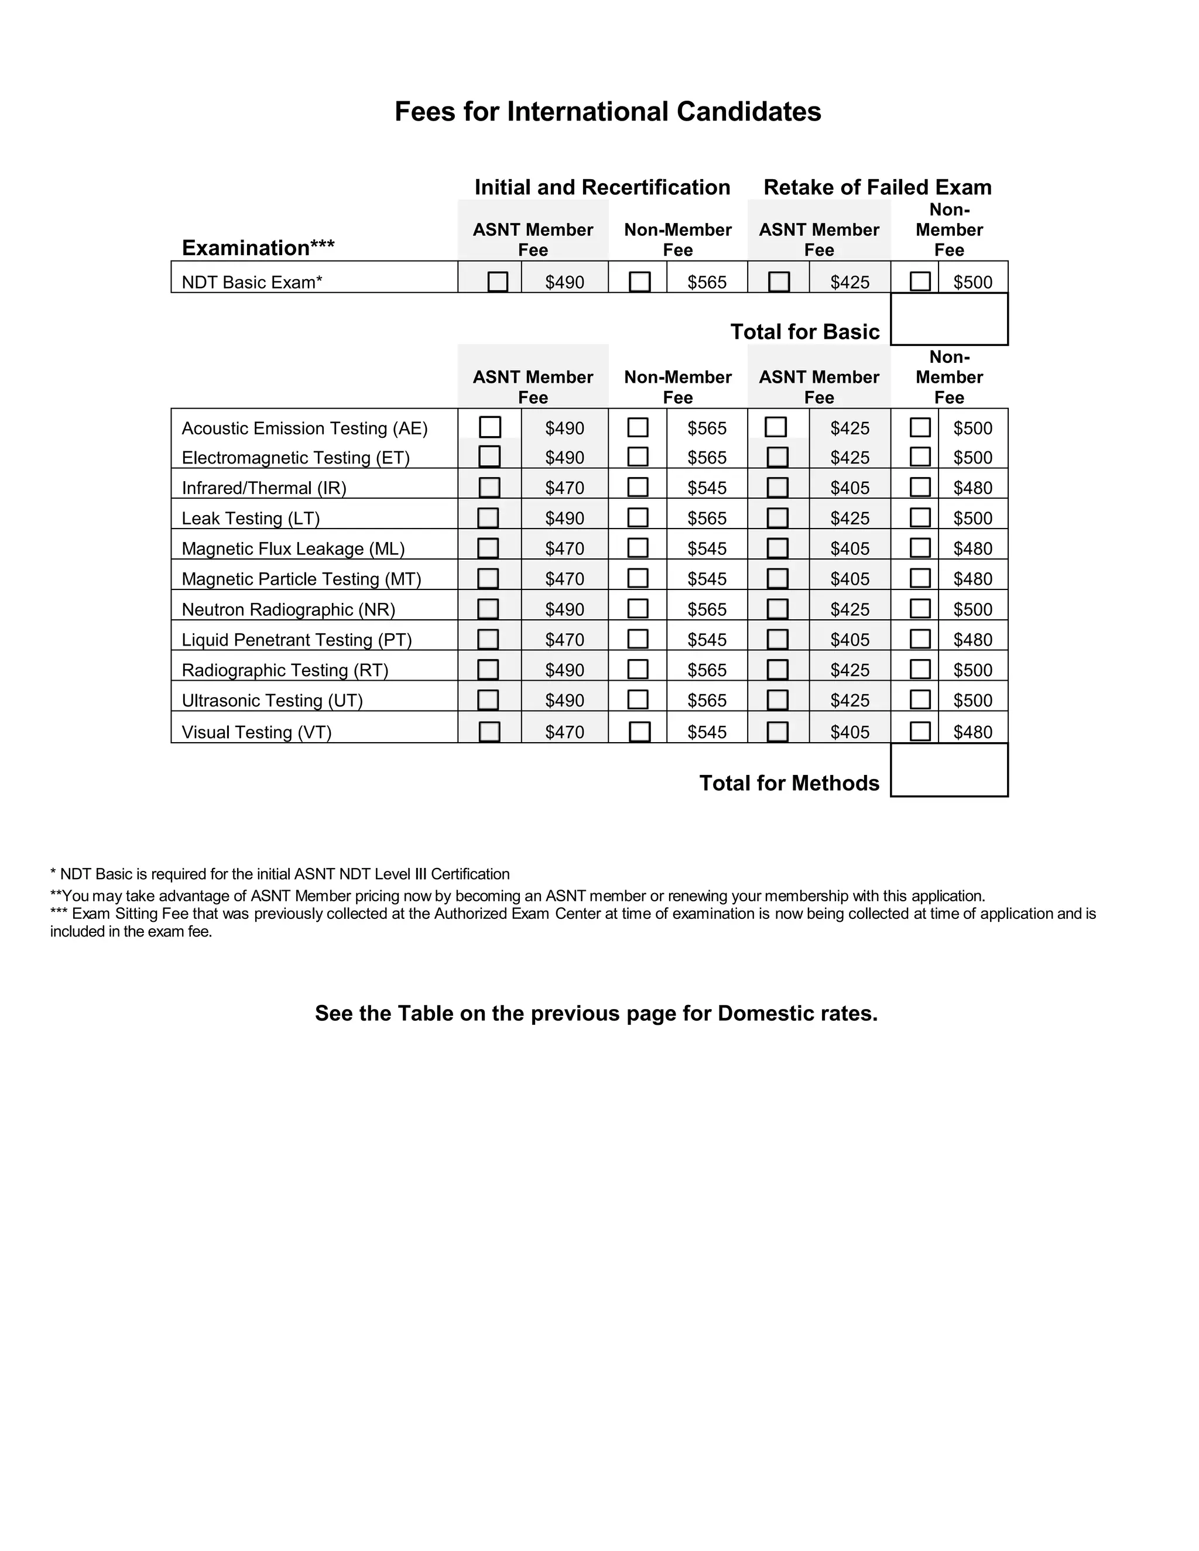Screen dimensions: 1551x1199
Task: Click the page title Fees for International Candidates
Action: coord(607,111)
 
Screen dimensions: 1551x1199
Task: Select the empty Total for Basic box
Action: coord(948,319)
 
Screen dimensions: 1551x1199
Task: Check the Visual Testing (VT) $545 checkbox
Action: coord(639,732)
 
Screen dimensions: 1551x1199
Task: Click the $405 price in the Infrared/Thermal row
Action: coord(849,488)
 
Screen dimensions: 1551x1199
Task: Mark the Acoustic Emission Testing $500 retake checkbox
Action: coord(920,427)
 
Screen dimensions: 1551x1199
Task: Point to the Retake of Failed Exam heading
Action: coord(877,187)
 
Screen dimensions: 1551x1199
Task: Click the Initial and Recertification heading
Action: coord(602,187)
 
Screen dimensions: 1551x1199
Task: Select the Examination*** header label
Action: coord(258,248)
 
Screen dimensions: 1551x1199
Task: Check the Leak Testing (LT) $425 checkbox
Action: coord(778,518)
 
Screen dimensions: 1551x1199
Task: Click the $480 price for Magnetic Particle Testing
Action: coord(972,579)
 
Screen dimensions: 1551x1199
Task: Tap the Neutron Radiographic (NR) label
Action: coord(289,609)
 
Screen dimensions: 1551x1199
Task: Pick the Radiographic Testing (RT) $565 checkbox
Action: coord(638,670)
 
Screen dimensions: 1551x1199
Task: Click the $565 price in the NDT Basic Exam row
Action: coord(707,283)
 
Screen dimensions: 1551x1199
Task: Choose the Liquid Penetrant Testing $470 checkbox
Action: coord(488,639)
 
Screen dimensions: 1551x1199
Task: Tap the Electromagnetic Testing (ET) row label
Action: coord(296,457)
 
